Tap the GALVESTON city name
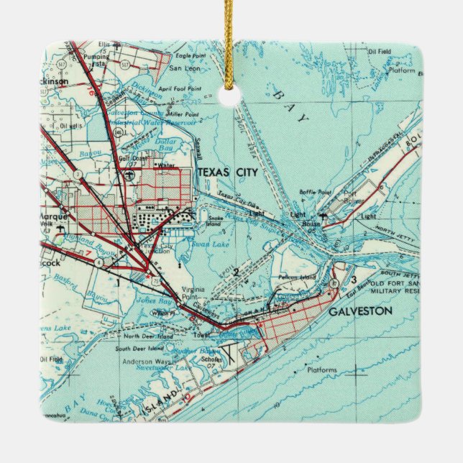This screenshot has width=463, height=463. (x=361, y=311)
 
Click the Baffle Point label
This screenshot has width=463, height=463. (x=315, y=193)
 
